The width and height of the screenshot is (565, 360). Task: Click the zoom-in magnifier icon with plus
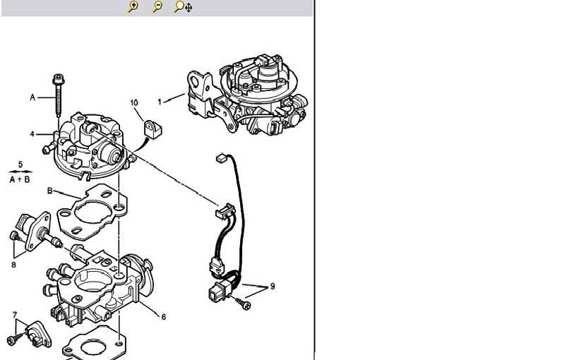(133, 6)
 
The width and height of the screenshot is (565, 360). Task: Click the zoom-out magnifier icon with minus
(157, 6)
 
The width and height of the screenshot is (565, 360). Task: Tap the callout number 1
(160, 102)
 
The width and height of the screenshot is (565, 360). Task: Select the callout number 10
(134, 103)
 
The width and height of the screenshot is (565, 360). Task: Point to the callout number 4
(32, 134)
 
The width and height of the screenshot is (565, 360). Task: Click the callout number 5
(20, 164)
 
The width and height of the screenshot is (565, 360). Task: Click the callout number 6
(164, 317)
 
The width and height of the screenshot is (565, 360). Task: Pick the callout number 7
(15, 315)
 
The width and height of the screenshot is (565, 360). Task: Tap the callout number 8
(13, 265)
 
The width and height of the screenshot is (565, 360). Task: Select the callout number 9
(273, 286)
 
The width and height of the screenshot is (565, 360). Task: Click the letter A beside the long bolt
(32, 97)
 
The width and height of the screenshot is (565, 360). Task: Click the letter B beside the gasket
(49, 191)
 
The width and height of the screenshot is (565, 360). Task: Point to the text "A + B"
(20, 179)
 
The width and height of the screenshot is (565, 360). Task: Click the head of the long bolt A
(59, 79)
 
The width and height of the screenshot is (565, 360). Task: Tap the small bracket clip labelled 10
(153, 129)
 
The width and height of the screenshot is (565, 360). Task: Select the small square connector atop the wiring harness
(221, 158)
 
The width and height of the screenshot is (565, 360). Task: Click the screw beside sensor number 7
(13, 337)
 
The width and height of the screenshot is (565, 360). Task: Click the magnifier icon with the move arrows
(183, 6)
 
